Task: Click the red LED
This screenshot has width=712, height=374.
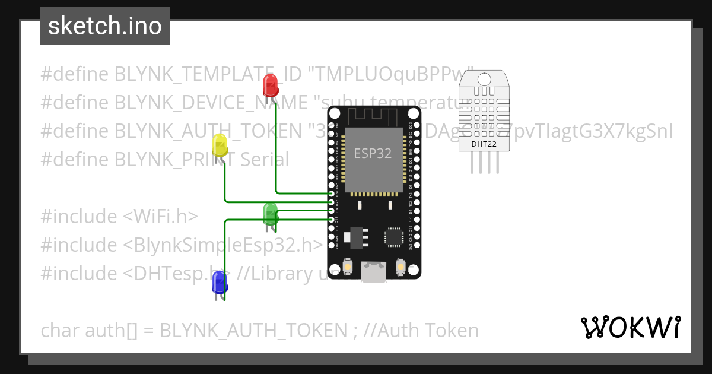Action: [271, 84]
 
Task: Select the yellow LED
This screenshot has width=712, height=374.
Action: [220, 145]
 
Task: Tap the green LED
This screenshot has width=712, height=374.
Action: [270, 213]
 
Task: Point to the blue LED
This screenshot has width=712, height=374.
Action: [220, 281]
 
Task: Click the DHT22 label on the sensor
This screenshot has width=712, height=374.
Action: [484, 143]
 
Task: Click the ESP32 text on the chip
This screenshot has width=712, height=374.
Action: [373, 153]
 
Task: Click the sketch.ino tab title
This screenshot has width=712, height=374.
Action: [105, 27]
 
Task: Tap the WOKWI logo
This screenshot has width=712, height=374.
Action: [630, 327]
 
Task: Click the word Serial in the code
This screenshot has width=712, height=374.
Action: [260, 159]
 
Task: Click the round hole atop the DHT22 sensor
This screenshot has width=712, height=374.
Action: [484, 79]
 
